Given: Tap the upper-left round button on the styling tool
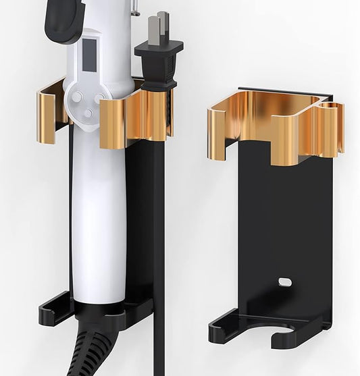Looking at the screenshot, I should coord(77,97).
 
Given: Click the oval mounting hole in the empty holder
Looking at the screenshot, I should coord(284,281).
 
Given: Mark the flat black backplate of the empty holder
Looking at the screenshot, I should coord(284,216).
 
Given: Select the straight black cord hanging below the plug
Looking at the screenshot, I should coord(159,270).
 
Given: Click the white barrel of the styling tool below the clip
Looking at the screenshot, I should coord(99,223).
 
